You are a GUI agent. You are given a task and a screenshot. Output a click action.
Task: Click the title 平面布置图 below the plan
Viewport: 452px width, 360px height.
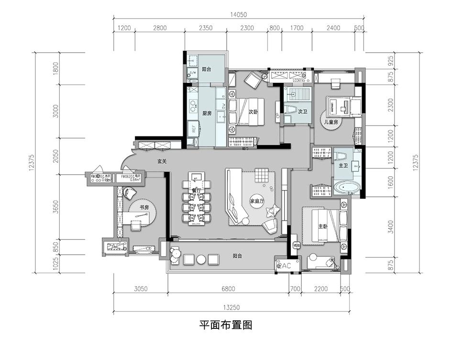click(226, 325)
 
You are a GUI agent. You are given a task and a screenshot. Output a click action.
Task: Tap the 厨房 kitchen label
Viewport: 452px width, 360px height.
click(207, 113)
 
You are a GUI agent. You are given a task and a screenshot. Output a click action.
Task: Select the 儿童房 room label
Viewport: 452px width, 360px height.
click(331, 123)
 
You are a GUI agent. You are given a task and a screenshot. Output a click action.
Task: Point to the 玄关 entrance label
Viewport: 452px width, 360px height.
click(162, 162)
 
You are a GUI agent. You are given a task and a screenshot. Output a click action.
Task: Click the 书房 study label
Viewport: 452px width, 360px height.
click(144, 207)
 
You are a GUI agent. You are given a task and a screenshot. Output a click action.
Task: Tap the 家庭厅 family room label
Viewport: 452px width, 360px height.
click(257, 201)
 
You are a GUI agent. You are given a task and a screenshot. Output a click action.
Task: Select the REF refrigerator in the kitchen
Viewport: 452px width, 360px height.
click(194, 128)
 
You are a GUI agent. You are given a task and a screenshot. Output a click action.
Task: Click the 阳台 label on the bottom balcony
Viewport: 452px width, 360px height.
click(237, 256)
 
